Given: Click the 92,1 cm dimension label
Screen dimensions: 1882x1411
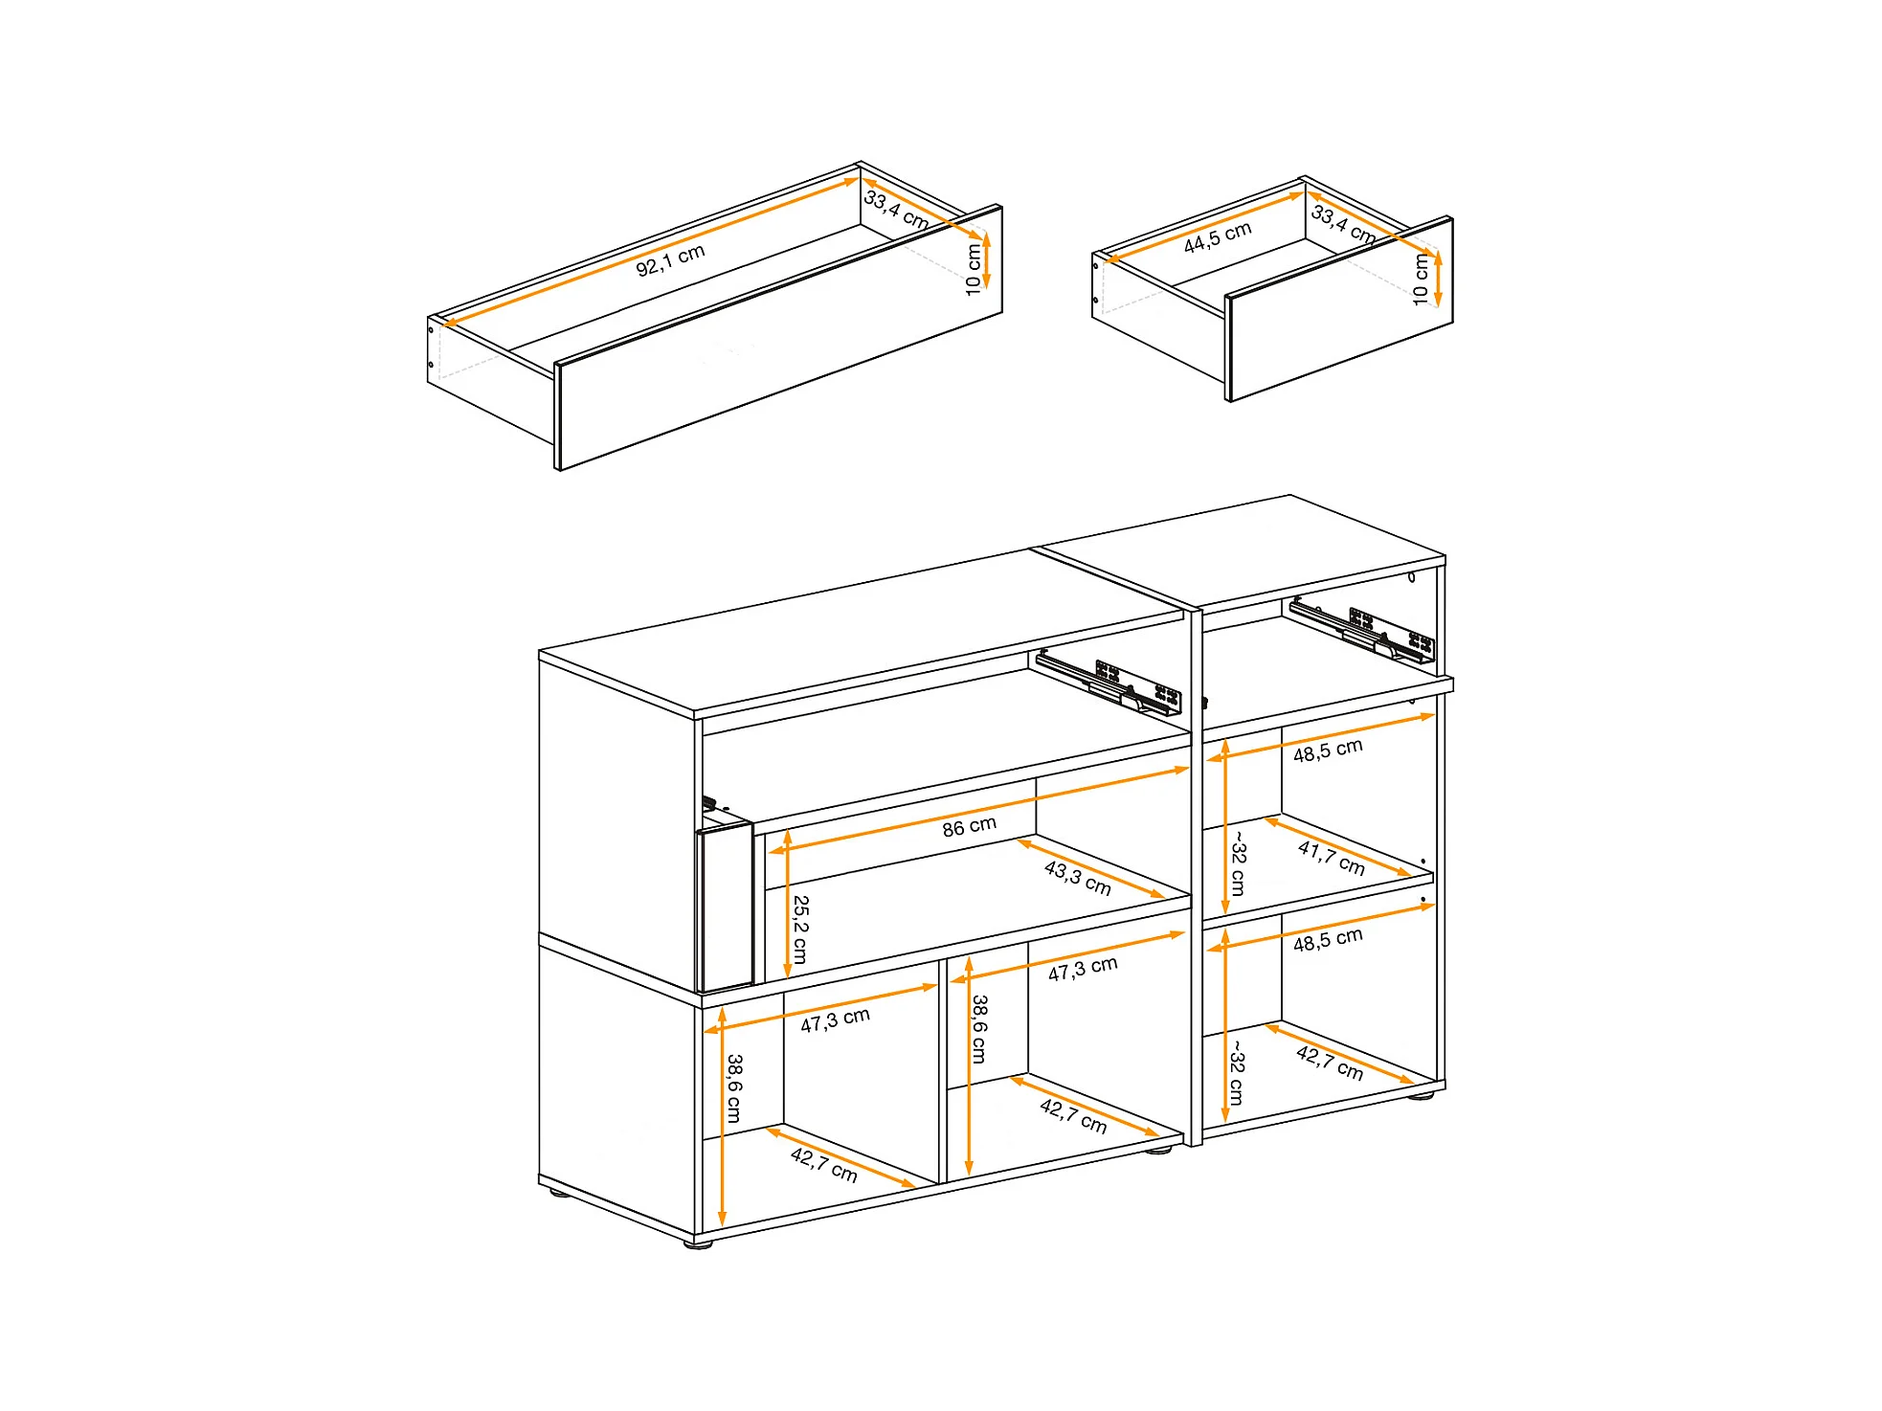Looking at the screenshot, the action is point(670,259).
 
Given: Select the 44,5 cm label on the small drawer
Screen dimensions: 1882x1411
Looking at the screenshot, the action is point(1218,237).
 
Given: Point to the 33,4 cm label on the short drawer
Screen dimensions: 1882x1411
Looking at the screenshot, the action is point(1344,224).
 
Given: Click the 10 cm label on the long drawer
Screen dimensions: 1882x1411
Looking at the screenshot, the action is point(974,269).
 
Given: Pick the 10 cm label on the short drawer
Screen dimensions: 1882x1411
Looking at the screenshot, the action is point(1421,280).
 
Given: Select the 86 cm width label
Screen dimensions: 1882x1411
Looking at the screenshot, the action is point(969,826).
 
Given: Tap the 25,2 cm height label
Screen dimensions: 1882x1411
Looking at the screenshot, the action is point(800,929).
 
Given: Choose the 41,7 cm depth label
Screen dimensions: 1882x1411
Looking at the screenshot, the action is point(1332,857).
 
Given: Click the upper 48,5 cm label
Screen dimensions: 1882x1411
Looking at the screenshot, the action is point(1328,750).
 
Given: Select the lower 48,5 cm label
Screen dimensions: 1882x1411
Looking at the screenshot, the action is point(1328,940).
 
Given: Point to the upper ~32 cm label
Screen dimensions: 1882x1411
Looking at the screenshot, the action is point(1238,864).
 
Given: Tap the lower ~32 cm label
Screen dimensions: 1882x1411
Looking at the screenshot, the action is point(1237,1073).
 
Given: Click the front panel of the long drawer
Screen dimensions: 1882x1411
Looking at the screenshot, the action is point(778,338).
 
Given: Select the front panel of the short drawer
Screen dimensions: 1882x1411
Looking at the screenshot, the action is point(1339,309).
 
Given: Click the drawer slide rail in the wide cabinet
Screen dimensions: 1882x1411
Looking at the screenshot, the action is point(1109,682).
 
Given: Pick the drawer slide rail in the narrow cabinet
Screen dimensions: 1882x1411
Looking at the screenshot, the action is point(1362,630).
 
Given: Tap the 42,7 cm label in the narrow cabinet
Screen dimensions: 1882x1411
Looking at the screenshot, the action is point(1330,1063).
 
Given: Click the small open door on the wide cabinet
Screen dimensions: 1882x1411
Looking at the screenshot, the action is point(725,907).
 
